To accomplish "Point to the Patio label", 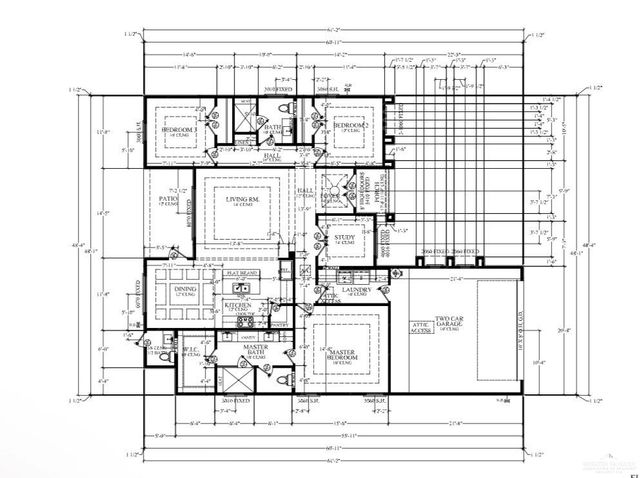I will (167, 199).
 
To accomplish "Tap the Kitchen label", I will (236, 304).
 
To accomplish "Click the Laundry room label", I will (361, 291).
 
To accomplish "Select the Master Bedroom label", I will (342, 355).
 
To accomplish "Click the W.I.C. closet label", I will (193, 350).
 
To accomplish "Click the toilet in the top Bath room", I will (286, 109).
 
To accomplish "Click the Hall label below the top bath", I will (271, 157).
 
